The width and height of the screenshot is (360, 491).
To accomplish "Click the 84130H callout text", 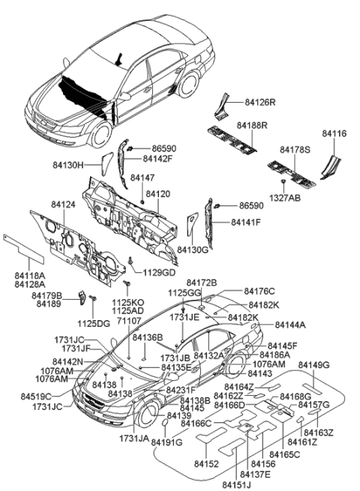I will tap(87, 162).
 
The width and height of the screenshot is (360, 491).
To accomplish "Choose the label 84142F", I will tap(157, 159).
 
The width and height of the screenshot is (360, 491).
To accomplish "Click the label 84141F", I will tap(245, 222).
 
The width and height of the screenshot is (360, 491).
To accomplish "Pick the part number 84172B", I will tap(201, 283).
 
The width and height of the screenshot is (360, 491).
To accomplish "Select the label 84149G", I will tap(313, 365).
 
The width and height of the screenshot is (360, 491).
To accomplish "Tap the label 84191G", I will tap(166, 442).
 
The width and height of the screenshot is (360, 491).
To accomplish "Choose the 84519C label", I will tap(36, 396).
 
